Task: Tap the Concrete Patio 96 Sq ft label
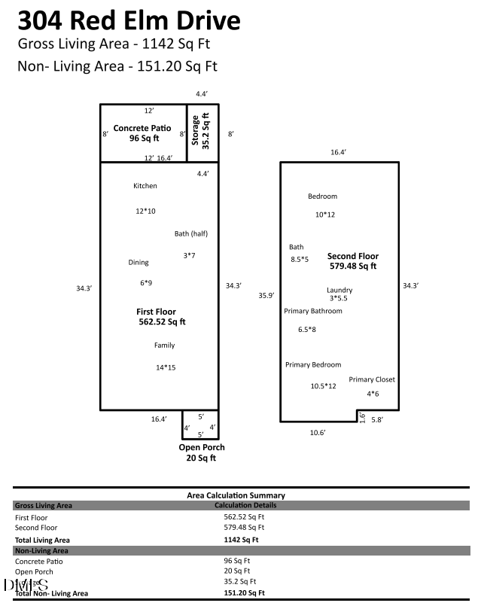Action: tap(142, 133)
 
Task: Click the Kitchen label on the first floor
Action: tap(145, 186)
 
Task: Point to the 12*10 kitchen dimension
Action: tap(145, 212)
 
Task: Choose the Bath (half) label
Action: tap(190, 233)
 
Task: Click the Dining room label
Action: tap(139, 263)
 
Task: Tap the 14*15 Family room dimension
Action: tap(165, 367)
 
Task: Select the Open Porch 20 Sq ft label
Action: tap(201, 452)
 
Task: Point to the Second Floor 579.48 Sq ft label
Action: tap(352, 260)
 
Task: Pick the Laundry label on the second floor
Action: tap(339, 291)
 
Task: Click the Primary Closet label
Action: tap(372, 379)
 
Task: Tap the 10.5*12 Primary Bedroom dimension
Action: tap(323, 386)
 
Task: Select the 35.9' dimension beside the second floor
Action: tap(265, 295)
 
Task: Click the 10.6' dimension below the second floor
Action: tap(318, 432)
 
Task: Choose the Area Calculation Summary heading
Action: tap(236, 495)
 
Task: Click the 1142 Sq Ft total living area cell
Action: tap(241, 540)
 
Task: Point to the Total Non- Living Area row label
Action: tap(52, 594)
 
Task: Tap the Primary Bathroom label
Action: tap(312, 311)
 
